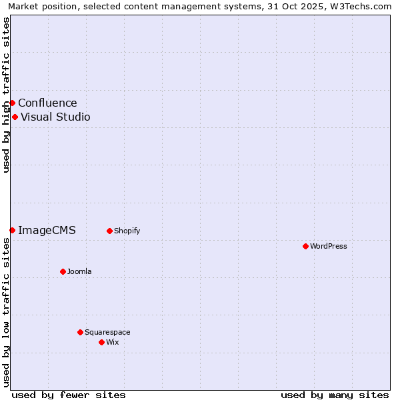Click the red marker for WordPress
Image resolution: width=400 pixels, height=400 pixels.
pyautogui.click(x=305, y=246)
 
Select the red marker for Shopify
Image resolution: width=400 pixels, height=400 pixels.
pyautogui.click(x=109, y=231)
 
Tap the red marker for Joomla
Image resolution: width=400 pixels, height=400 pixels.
pyautogui.click(x=63, y=271)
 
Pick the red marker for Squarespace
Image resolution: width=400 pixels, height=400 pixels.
pyautogui.click(x=80, y=332)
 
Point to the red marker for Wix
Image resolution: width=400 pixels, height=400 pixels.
pyautogui.click(x=101, y=342)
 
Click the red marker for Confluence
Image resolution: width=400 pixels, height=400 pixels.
pyautogui.click(x=12, y=103)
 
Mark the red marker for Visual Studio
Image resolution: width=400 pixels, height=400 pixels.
pyautogui.click(x=15, y=117)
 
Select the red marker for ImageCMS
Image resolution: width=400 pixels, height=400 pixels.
pyautogui.click(x=12, y=230)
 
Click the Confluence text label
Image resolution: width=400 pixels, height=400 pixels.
pyautogui.click(x=47, y=103)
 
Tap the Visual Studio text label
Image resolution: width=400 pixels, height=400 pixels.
pyautogui.click(x=55, y=117)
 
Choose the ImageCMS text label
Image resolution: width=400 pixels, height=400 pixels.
pyautogui.click(x=47, y=231)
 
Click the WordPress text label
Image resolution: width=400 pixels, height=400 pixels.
pyautogui.click(x=329, y=246)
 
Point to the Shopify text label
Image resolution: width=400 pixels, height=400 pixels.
pyautogui.click(x=127, y=231)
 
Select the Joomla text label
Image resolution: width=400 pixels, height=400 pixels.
pyautogui.click(x=79, y=271)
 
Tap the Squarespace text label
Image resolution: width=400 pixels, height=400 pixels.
pyautogui.click(x=107, y=332)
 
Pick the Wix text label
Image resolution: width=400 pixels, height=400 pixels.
pyautogui.click(x=112, y=342)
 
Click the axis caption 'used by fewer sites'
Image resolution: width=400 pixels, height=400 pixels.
pyautogui.click(x=69, y=395)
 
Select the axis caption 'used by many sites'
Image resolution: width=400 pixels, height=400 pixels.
pyautogui.click(x=335, y=395)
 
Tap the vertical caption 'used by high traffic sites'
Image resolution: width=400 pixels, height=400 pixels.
pyautogui.click(x=6, y=95)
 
